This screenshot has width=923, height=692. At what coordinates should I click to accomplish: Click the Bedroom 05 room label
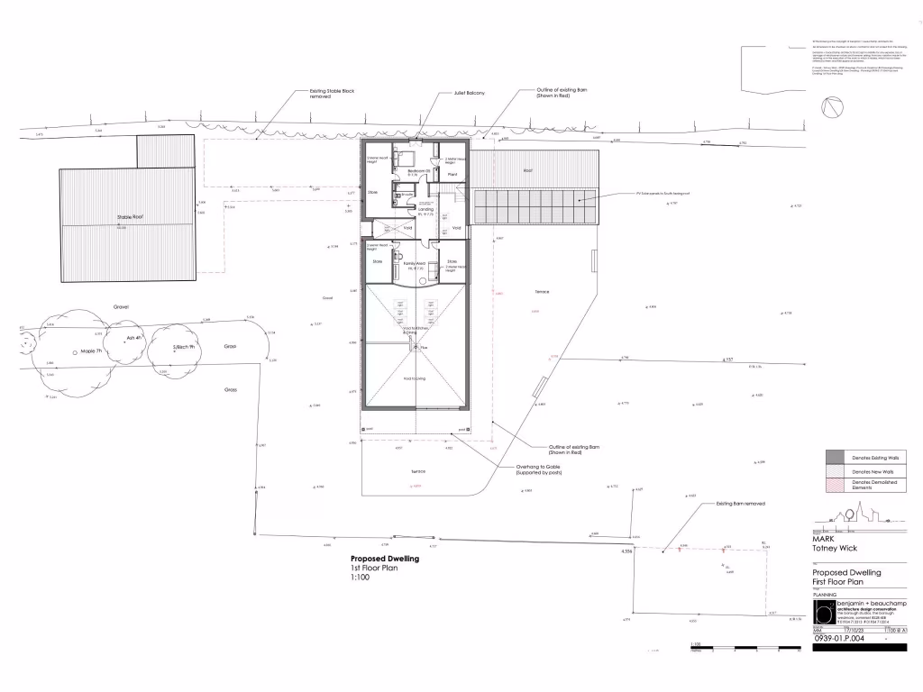[x=417, y=169]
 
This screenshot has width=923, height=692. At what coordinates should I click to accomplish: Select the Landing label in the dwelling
[x=425, y=209]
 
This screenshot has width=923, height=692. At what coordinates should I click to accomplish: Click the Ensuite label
[x=407, y=193]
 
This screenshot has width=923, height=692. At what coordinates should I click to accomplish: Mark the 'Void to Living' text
[x=416, y=378]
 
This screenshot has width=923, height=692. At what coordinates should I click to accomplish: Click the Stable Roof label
[x=132, y=217]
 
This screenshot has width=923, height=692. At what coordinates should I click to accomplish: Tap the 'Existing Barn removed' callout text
[x=740, y=504]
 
